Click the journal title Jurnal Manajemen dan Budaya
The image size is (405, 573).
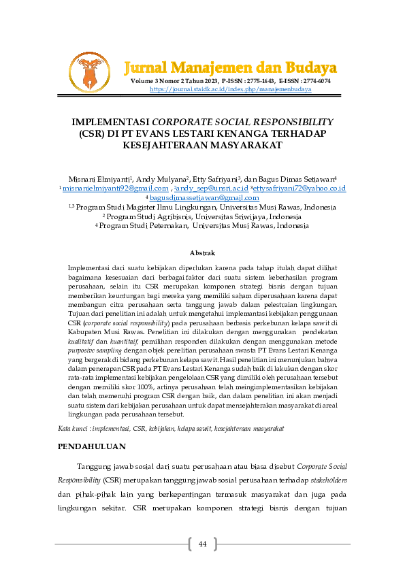click(x=231, y=67)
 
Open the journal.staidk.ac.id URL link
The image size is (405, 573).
click(x=230, y=89)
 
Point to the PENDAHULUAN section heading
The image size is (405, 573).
click(x=91, y=446)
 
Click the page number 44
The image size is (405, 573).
click(x=202, y=544)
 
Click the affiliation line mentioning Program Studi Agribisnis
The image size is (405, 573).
click(x=202, y=216)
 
